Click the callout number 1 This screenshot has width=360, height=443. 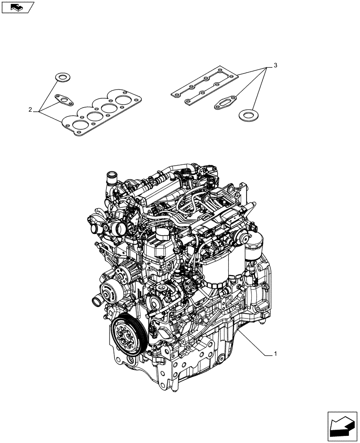[x=275, y=354]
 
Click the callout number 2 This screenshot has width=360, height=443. [x=31, y=109]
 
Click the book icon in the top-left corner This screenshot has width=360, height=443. [x=17, y=7]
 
